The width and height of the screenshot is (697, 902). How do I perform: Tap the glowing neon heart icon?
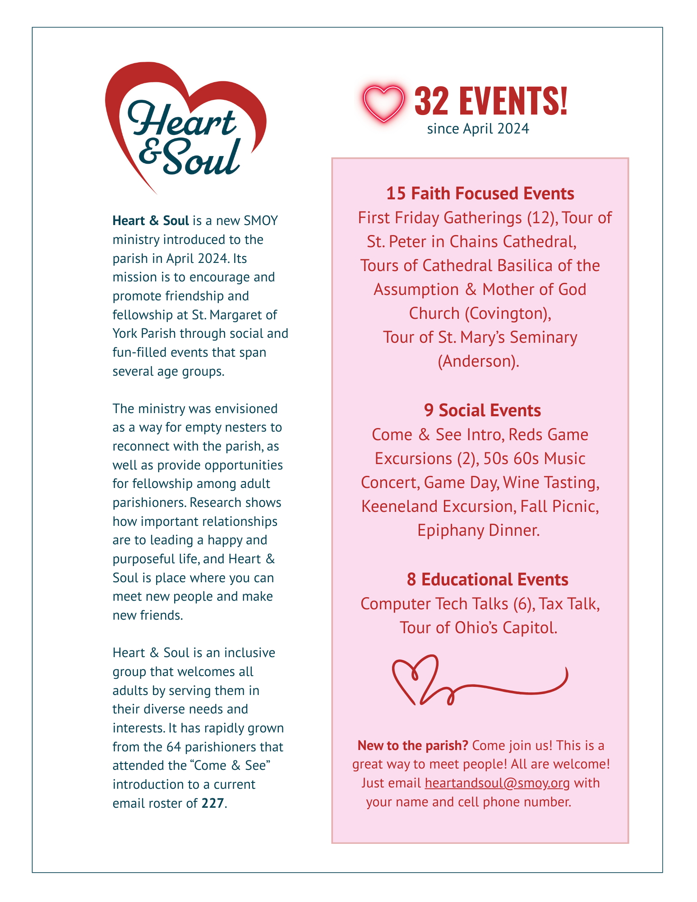pos(383,103)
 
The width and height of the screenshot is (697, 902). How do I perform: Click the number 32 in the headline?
pos(431,101)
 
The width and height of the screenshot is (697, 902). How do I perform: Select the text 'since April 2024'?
pos(478,129)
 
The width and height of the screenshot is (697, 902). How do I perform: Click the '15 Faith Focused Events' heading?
pos(480,193)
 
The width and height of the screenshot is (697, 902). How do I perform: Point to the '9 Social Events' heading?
pos(482,410)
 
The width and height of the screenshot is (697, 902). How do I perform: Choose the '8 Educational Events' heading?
pos(487,580)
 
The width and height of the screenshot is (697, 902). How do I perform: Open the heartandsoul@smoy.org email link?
pos(497,782)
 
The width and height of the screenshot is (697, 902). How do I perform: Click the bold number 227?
pos(213,803)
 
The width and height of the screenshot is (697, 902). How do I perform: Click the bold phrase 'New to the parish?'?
pos(413,746)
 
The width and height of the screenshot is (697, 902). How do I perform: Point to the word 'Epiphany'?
pos(444,530)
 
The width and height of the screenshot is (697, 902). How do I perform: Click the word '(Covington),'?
pos(508,313)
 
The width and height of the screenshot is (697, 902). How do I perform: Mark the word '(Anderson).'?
pos(479,361)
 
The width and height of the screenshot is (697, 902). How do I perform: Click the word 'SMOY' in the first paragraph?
pos(261,221)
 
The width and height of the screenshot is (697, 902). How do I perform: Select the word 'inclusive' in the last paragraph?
pos(249,653)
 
